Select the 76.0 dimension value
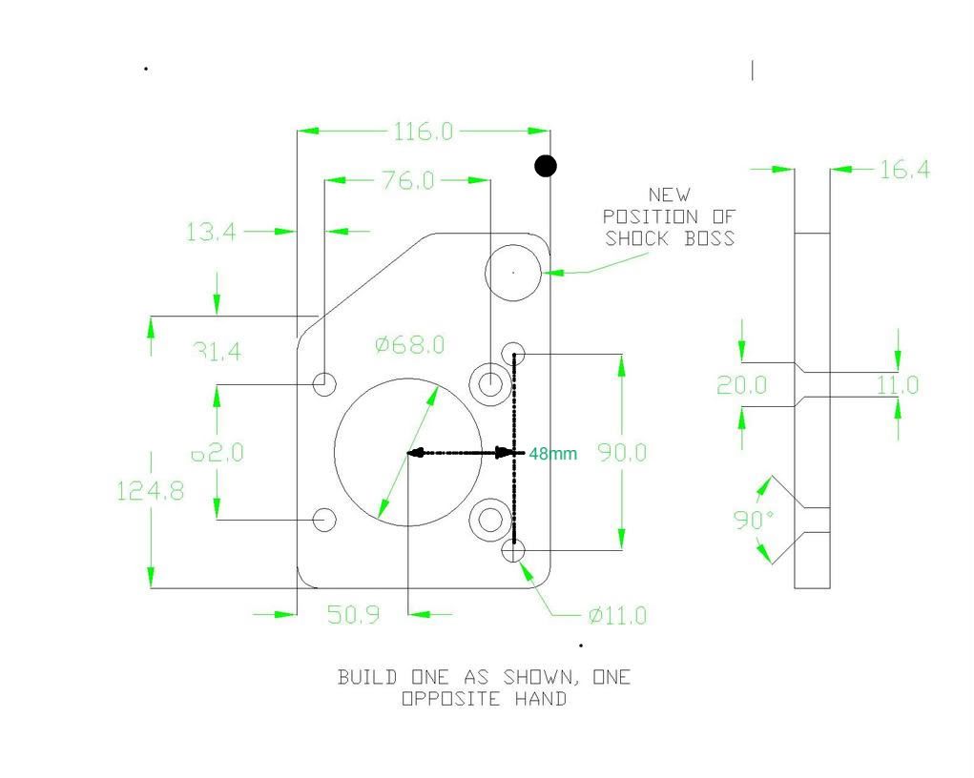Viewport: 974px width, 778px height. [x=407, y=180]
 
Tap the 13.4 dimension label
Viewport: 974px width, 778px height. [x=211, y=231]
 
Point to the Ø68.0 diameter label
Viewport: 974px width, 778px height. [x=409, y=344]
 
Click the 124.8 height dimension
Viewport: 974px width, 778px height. [x=150, y=491]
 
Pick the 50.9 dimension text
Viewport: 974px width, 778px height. [x=353, y=615]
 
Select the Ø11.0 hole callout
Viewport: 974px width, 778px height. [x=617, y=616]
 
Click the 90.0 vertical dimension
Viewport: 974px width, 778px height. [x=621, y=453]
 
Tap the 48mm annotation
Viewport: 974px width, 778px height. [x=553, y=454]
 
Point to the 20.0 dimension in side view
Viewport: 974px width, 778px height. [x=741, y=385]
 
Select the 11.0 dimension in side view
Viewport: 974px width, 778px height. [x=898, y=385]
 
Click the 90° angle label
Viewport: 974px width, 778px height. [x=754, y=521]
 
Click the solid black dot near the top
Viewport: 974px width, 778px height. [x=545, y=167]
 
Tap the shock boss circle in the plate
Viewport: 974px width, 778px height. [x=513, y=272]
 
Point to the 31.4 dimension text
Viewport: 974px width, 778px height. [x=218, y=352]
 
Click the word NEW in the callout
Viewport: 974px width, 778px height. [x=669, y=195]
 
